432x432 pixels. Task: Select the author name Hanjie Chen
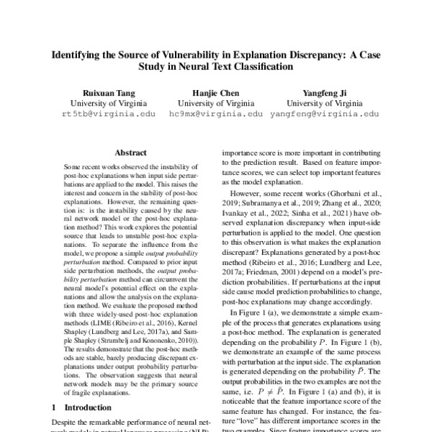(215, 92)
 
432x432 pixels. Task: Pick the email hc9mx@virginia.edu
(215, 114)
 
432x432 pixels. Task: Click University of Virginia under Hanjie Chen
(215, 103)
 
